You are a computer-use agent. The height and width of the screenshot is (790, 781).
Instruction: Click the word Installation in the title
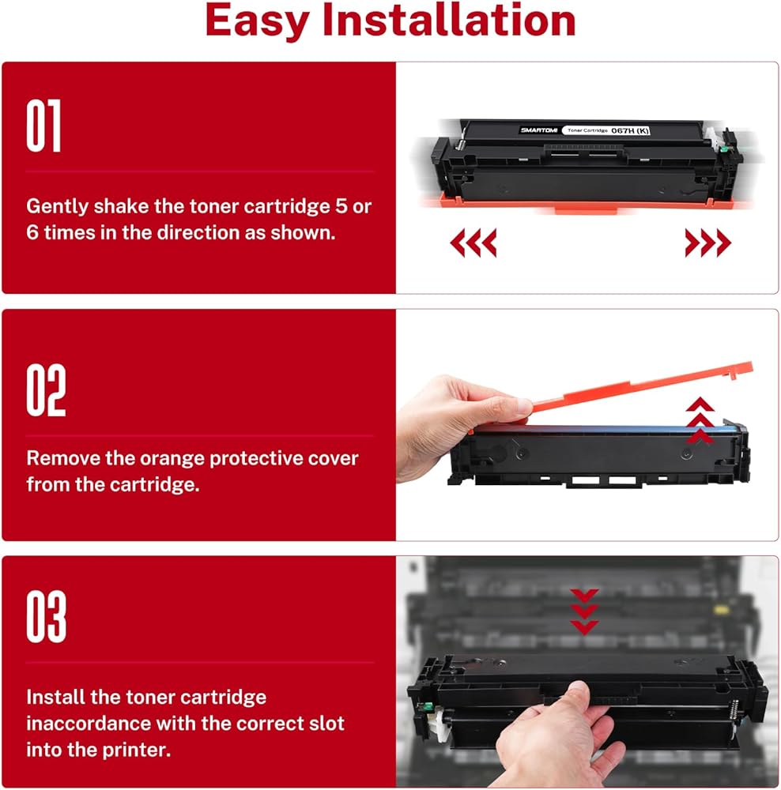coord(449,21)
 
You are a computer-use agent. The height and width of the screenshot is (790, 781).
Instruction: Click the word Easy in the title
coord(257,22)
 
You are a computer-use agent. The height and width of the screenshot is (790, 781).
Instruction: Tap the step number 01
coord(43,126)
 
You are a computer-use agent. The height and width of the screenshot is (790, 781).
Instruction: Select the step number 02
coord(46,390)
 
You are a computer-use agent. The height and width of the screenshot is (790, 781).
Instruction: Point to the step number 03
coord(46,616)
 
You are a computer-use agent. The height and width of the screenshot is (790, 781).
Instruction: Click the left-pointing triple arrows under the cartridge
coord(473,243)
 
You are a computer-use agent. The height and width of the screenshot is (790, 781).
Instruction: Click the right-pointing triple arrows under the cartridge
coord(708,243)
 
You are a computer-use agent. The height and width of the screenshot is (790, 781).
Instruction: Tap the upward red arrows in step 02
coord(700,421)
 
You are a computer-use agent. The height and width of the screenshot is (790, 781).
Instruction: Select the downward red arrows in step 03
coord(584,611)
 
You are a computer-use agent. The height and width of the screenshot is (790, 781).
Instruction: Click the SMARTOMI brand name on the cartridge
coord(538,130)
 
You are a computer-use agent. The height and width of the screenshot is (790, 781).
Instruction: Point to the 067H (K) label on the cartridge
coord(630,130)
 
